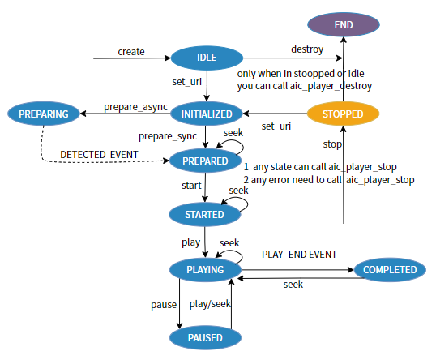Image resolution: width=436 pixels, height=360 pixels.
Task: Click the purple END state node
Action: coord(344,25)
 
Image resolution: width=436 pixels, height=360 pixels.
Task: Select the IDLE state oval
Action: coord(207,57)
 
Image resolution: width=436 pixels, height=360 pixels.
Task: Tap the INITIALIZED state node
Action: coord(207,114)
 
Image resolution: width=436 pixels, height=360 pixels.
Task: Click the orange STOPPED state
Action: coord(344,114)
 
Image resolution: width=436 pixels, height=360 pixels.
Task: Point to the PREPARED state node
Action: coord(206,161)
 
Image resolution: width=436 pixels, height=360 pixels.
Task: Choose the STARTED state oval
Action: coord(206,215)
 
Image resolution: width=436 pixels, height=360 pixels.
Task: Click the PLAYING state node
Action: coord(206,269)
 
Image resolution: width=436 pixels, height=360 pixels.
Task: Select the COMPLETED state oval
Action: coord(390,269)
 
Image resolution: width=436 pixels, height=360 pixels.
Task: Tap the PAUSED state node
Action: coord(206,336)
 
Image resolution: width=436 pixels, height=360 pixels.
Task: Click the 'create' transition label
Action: coord(130,51)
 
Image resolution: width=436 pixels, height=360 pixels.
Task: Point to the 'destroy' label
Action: coord(307,49)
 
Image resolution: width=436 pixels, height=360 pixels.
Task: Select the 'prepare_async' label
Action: coord(135,107)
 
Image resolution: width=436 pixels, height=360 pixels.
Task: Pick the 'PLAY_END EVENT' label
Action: coord(299,254)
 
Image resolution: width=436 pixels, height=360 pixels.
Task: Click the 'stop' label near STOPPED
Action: coord(332,144)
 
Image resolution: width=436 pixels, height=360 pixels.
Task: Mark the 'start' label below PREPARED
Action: coord(191,186)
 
